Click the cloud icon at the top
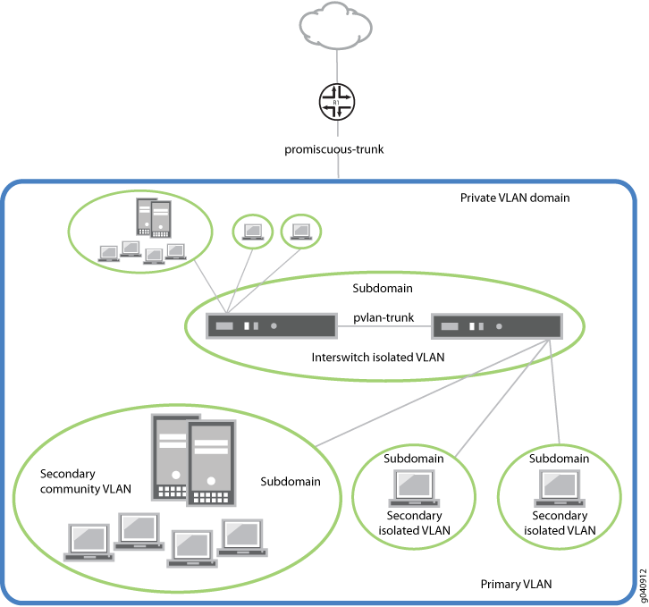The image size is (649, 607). pyautogui.click(x=336, y=26)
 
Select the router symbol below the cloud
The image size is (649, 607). pyautogui.click(x=336, y=104)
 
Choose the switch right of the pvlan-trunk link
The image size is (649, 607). pyautogui.click(x=497, y=327)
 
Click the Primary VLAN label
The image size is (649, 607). pyautogui.click(x=517, y=584)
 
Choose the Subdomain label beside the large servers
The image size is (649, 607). pyautogui.click(x=290, y=481)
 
